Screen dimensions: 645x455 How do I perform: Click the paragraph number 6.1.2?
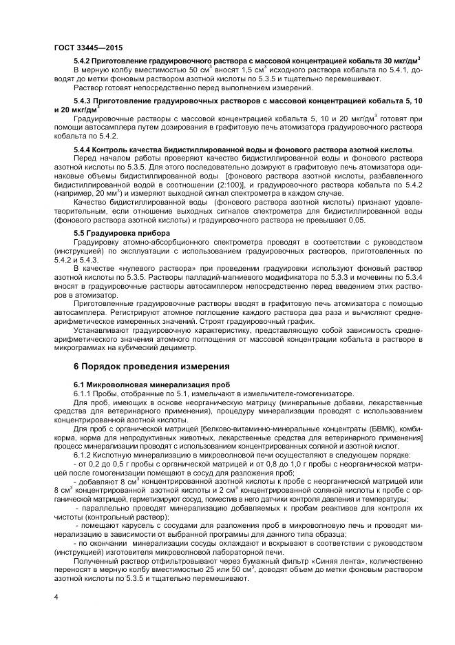click(x=84, y=455)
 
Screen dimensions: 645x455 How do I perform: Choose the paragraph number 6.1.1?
click(x=84, y=392)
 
